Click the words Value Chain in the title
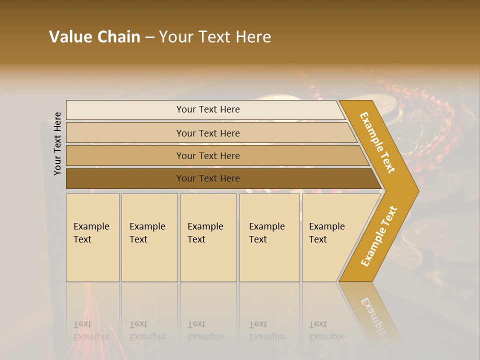pos(94,37)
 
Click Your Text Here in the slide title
pos(215,37)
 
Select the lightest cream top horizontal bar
pos(125,110)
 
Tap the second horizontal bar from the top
pos(125,133)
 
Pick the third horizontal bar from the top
pos(125,155)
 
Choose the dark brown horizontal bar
pos(125,178)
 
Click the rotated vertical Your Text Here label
pos(57,143)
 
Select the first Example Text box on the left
pos(92,237)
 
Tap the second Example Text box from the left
pos(149,237)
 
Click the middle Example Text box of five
pos(208,237)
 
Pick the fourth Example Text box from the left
pos(269,237)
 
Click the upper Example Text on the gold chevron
pos(377,142)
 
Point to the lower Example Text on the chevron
pos(378,236)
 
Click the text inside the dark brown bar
pos(208,178)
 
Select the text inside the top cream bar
pos(208,109)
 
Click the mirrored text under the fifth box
pos(326,330)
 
